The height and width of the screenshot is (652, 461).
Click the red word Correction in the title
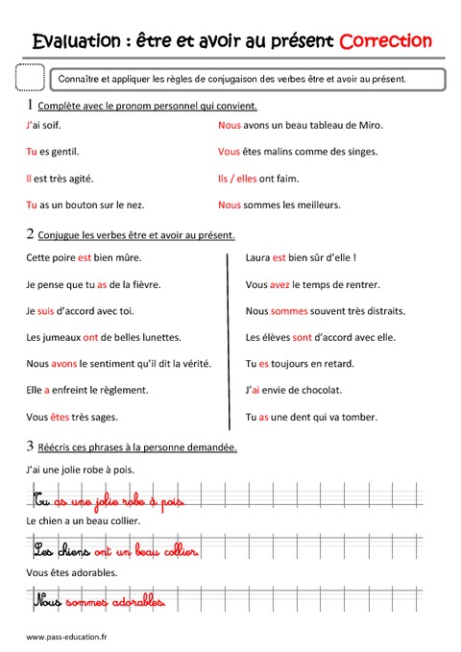[385, 41]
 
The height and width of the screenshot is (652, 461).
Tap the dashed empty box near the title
[32, 78]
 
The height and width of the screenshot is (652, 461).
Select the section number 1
[31, 104]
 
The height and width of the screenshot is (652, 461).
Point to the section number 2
[31, 233]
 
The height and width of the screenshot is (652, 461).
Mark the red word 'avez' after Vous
[279, 284]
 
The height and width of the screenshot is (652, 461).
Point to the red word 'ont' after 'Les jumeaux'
[91, 337]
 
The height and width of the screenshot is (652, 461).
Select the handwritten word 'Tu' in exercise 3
[41, 500]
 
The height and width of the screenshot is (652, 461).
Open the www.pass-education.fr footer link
[66, 637]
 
